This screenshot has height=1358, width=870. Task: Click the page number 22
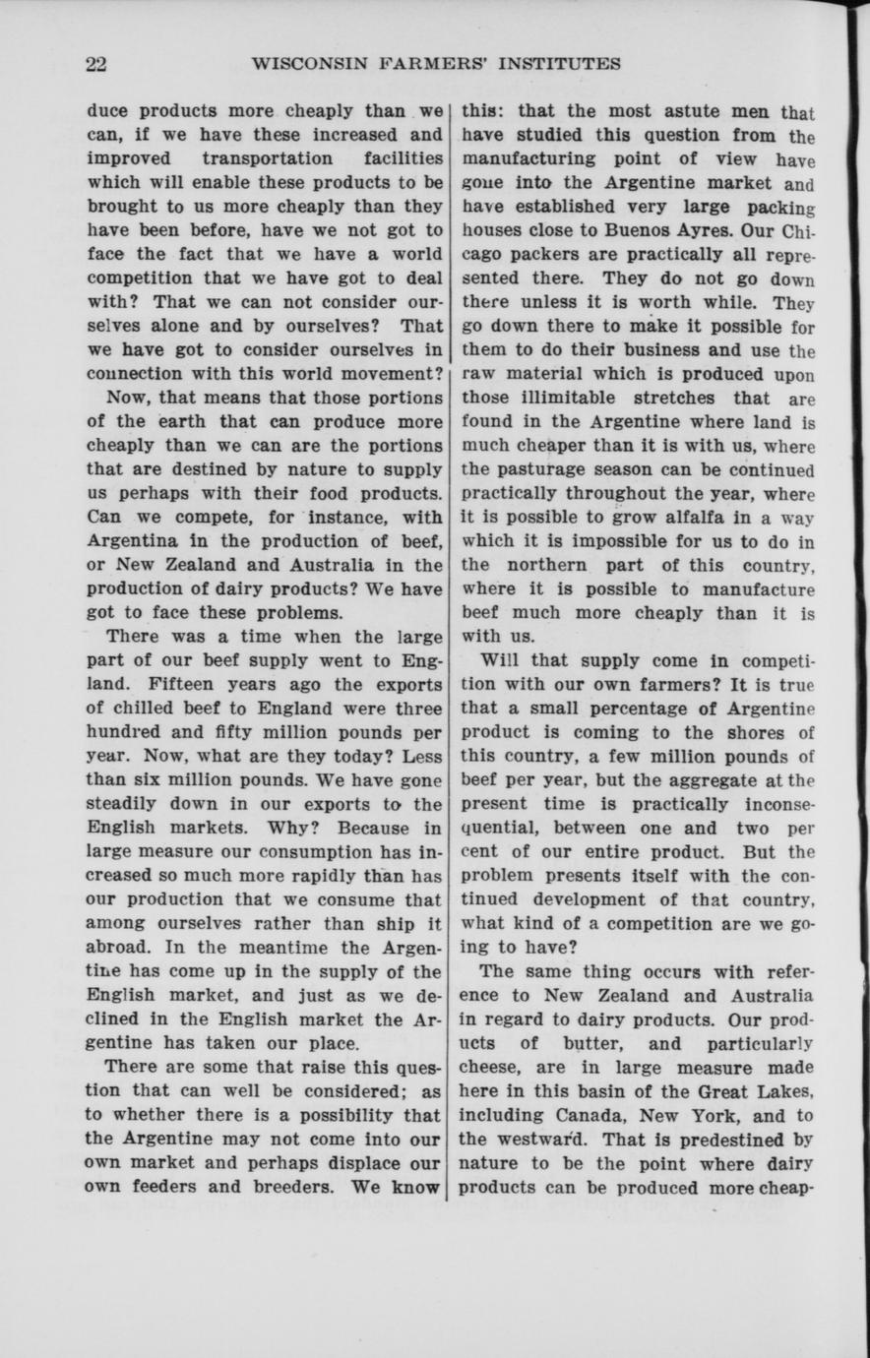pyautogui.click(x=95, y=64)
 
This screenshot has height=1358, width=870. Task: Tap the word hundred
pyautogui.click(x=121, y=731)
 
